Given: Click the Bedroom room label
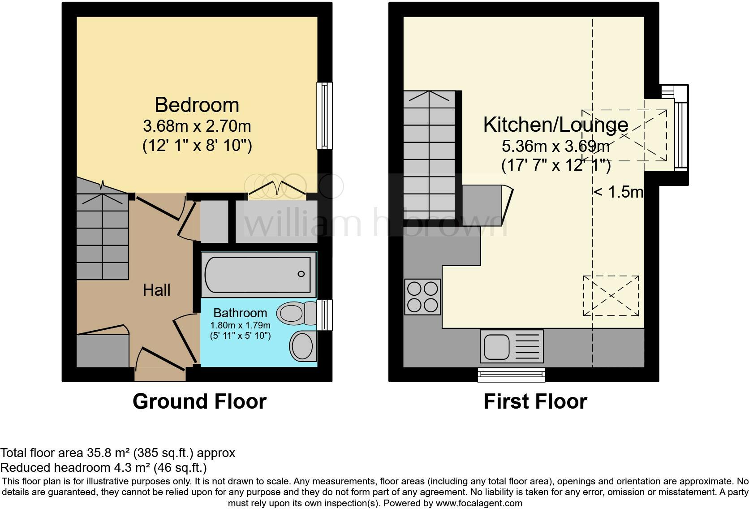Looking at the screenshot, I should pyautogui.click(x=197, y=105).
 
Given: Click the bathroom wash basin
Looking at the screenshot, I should pyautogui.click(x=302, y=346).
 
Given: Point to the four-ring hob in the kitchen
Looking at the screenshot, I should pyautogui.click(x=422, y=296).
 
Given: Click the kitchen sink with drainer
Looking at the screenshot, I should pyautogui.click(x=511, y=346).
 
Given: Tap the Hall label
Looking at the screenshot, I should pyautogui.click(x=156, y=290).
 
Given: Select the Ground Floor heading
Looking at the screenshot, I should pyautogui.click(x=199, y=401).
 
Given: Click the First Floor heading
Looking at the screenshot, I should pyautogui.click(x=535, y=401).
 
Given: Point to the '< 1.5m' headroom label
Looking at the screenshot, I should pyautogui.click(x=618, y=192).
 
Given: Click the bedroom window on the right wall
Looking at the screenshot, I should pyautogui.click(x=324, y=115).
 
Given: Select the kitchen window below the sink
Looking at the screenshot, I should pyautogui.click(x=511, y=375).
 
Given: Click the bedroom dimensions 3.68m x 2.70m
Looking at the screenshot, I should pyautogui.click(x=197, y=126).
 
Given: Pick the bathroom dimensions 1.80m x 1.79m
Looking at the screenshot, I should pyautogui.click(x=240, y=325).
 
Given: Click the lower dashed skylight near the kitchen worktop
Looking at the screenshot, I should pyautogui.click(x=611, y=296).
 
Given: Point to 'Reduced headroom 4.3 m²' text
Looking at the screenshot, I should pyautogui.click(x=103, y=468).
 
